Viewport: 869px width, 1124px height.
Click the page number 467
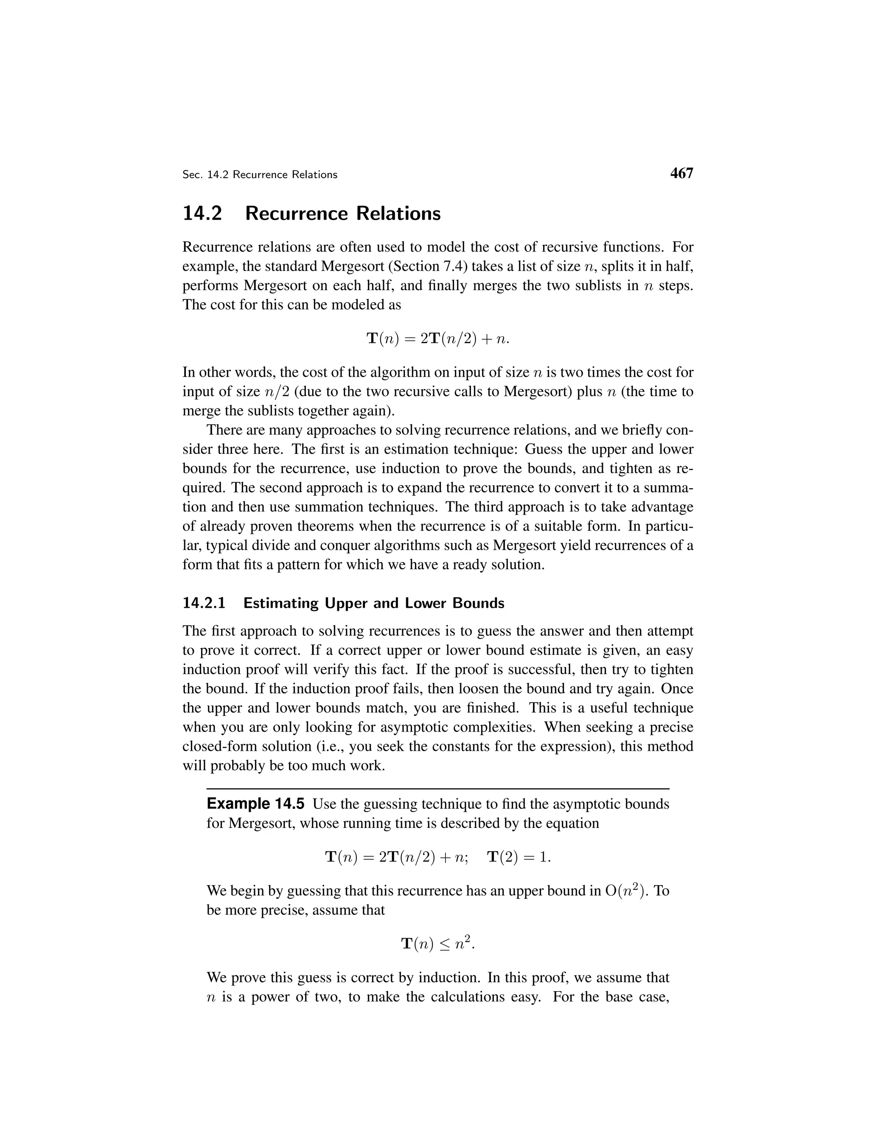(x=681, y=173)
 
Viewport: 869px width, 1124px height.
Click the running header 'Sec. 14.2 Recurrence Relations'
(x=260, y=175)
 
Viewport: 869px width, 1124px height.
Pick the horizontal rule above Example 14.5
(x=437, y=789)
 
